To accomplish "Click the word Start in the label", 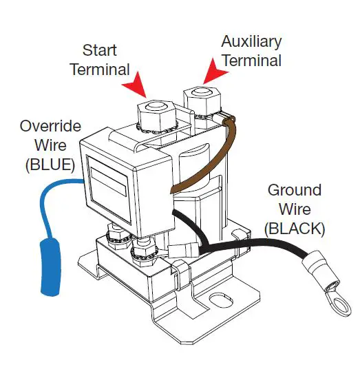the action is [x=100, y=50].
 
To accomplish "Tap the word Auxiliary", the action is [x=251, y=42].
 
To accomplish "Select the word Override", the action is [x=50, y=126].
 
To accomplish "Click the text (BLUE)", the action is [x=50, y=165].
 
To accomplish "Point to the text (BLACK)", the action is [x=295, y=229].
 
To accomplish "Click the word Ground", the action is [x=295, y=190].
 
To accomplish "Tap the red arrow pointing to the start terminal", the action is [x=136, y=85].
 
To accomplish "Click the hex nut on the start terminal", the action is [x=156, y=115].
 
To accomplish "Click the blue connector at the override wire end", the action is [x=50, y=267].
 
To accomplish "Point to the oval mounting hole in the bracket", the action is [x=221, y=301].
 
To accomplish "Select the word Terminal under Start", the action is [x=100, y=70].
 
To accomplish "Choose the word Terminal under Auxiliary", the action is [x=252, y=61].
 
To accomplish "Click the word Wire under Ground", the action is [x=295, y=209].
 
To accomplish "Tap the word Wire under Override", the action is [x=50, y=145].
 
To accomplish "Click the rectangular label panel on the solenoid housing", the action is [x=109, y=189].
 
